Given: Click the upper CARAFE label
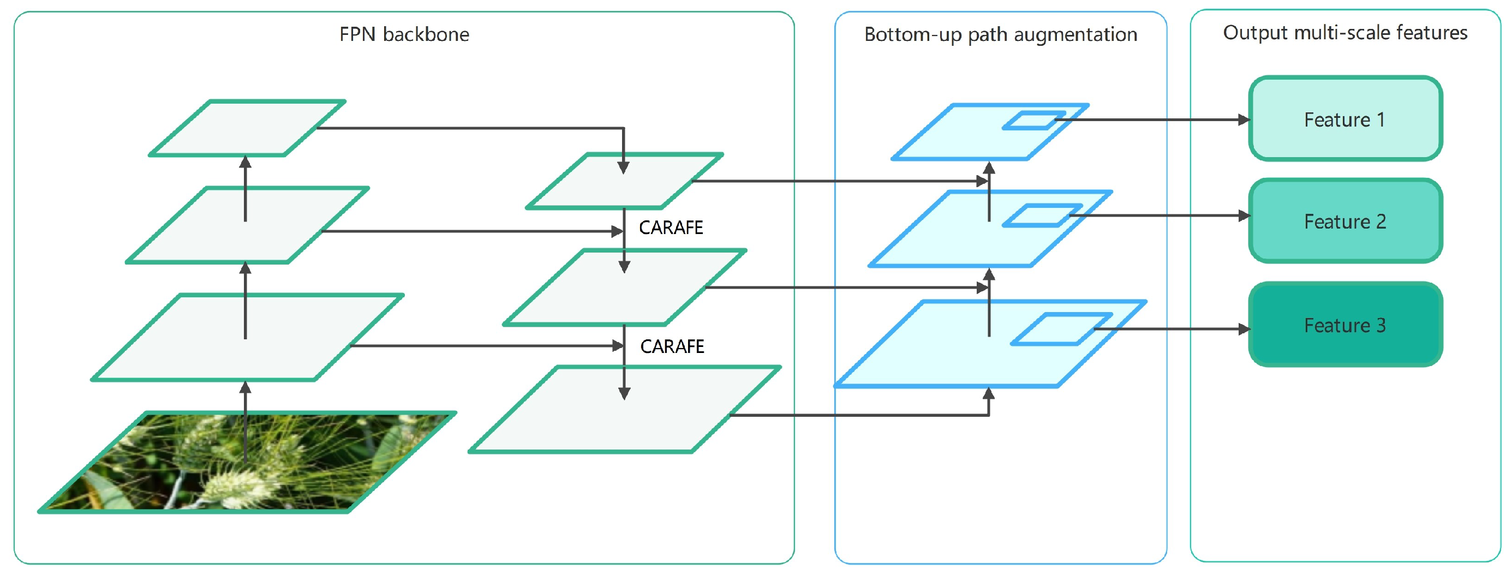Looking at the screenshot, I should [x=670, y=227].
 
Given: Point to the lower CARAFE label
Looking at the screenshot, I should [x=672, y=346].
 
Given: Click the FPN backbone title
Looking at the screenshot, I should [x=404, y=34].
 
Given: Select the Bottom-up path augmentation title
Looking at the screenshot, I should [x=1000, y=34].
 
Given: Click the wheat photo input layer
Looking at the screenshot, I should [x=247, y=464].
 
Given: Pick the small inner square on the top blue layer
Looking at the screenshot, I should [x=1033, y=121].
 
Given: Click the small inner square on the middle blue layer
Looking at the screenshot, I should [x=1042, y=215].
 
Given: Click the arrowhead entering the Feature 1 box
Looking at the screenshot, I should [x=1243, y=119].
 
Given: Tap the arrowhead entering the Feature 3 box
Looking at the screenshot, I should [x=1243, y=328].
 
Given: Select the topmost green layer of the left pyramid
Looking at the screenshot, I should [x=247, y=128].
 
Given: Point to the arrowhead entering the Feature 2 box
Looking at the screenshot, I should [x=1243, y=216].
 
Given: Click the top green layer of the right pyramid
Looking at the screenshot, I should [x=625, y=181].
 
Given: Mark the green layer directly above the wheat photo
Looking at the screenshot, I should [x=247, y=338].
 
